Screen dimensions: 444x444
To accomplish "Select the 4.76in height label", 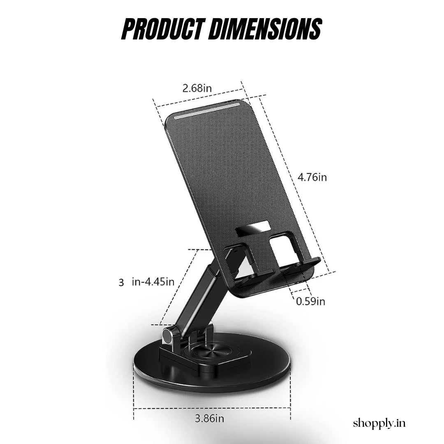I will click(312, 177).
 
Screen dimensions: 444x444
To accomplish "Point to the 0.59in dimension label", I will click(311, 301).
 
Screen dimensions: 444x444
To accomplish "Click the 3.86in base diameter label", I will click(209, 419).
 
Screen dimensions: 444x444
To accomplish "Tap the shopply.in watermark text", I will click(379, 423).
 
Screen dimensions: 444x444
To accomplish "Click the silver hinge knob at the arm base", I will click(167, 335).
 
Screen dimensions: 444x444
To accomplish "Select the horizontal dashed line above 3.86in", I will click(212, 408).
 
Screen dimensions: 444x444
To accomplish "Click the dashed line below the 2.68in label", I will click(197, 99).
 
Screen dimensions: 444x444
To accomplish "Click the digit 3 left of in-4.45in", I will click(121, 282).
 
